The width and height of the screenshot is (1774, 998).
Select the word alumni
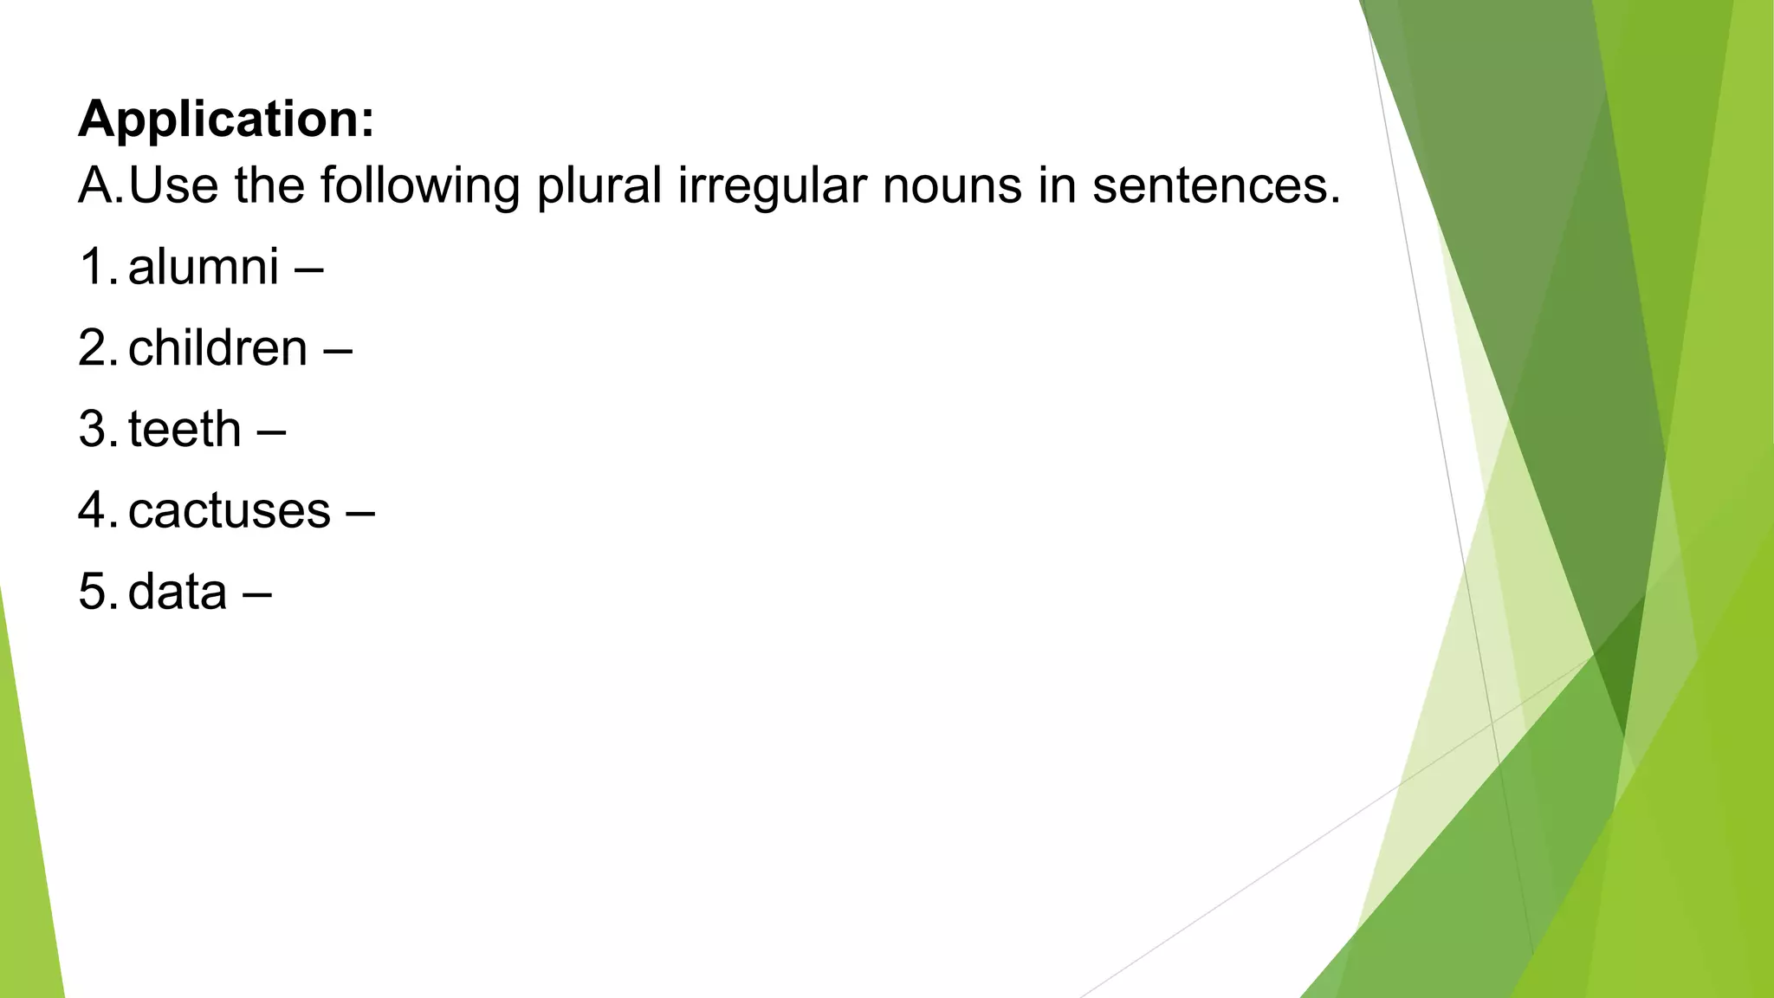(x=204, y=266)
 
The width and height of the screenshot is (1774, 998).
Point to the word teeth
(x=185, y=429)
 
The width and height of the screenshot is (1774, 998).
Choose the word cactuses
(x=230, y=510)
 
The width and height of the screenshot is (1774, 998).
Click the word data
(x=178, y=592)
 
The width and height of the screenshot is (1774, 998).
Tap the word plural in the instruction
(x=599, y=185)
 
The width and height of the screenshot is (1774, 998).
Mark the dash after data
(x=257, y=593)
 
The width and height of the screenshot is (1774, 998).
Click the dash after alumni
(x=309, y=268)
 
